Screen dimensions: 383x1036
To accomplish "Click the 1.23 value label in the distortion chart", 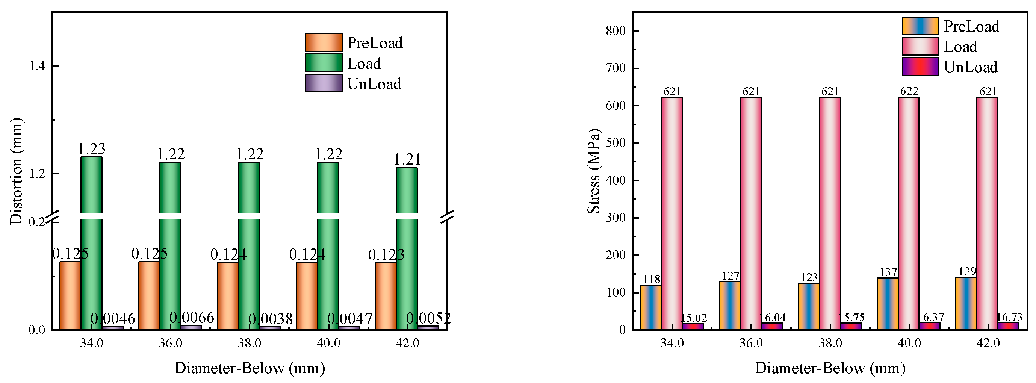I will pos(91,149).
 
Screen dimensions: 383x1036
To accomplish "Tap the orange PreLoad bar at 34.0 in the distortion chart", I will pos(70,296).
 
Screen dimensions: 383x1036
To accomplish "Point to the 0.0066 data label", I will pos(191,318).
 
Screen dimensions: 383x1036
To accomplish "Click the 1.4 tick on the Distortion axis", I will pos(37,66).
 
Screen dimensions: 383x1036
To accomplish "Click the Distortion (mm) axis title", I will pos(16,171).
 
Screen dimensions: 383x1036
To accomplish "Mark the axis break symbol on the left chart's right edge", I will pos(447,217).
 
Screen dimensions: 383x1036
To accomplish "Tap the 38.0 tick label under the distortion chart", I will pos(250,343).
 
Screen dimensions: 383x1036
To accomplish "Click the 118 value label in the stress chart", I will pos(651,279).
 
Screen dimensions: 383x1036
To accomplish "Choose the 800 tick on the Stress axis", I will pos(616,30).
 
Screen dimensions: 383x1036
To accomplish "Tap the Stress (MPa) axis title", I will pos(594,171).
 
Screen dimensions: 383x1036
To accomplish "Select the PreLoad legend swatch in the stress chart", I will pos(920,26).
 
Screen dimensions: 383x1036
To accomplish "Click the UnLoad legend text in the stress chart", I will pos(971,67).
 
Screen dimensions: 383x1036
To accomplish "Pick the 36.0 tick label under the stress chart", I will pos(751,343).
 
